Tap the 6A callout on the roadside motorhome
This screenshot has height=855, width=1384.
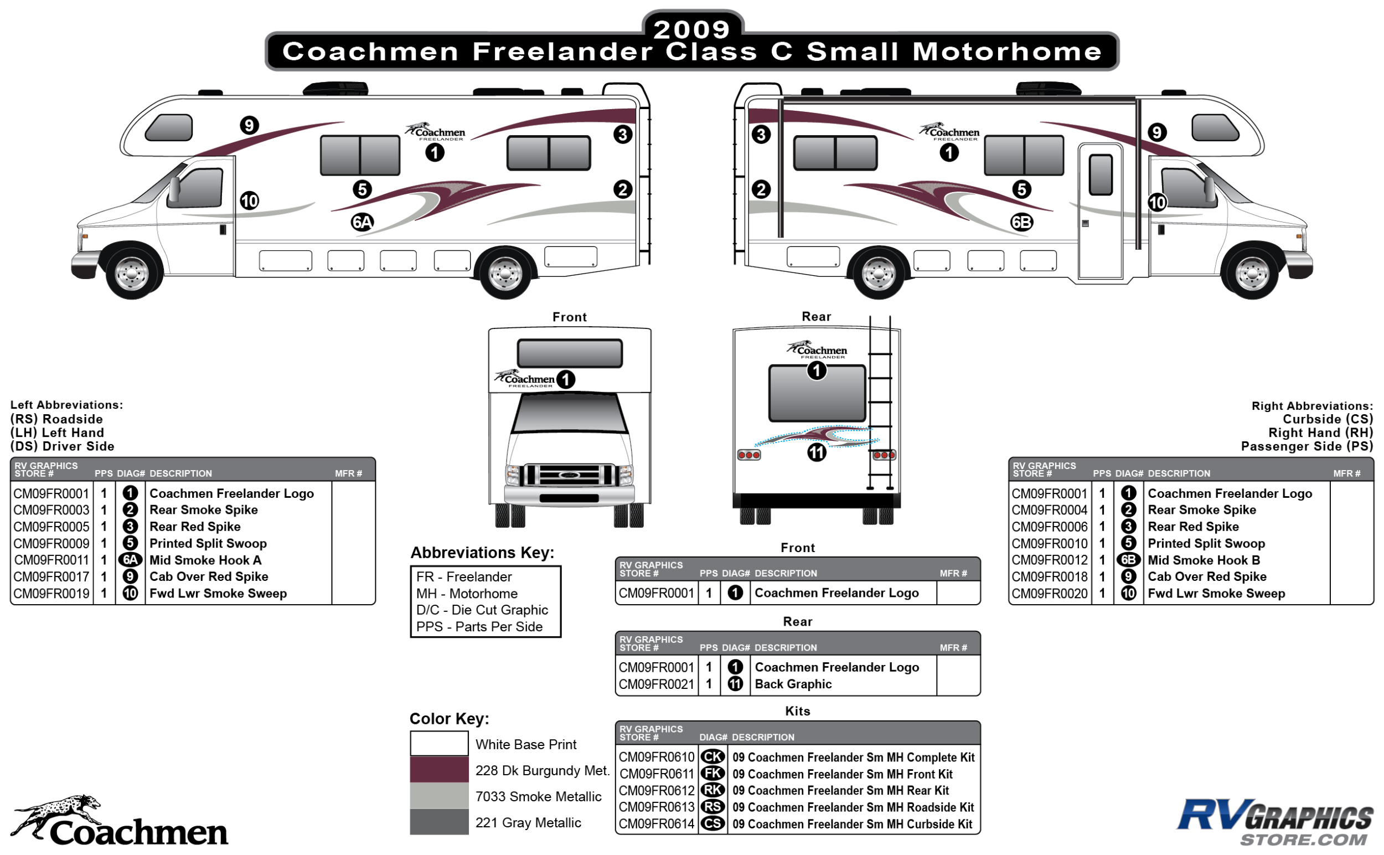[x=362, y=222]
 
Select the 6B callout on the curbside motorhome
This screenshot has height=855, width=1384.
[x=1021, y=222]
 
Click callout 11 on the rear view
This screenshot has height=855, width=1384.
[x=817, y=452]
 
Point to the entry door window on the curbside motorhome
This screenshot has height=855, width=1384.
[x=1100, y=174]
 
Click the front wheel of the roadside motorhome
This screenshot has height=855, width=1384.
[x=132, y=274]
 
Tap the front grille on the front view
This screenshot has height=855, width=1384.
[x=569, y=475]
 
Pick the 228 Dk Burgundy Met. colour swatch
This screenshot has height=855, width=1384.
[x=440, y=770]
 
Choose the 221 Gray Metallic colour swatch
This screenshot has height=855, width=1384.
[x=440, y=822]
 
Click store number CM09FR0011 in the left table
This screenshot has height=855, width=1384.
[x=51, y=560]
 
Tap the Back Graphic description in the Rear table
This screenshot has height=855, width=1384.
[x=793, y=684]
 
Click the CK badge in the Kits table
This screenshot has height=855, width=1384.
[x=712, y=756]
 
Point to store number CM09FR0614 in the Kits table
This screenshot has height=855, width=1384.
[x=656, y=824]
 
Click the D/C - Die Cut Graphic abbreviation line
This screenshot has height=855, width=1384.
[x=482, y=610]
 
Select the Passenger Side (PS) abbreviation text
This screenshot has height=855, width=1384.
[x=1306, y=446]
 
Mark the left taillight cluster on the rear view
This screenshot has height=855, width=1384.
[x=749, y=455]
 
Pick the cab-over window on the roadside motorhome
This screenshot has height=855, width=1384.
[x=169, y=127]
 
